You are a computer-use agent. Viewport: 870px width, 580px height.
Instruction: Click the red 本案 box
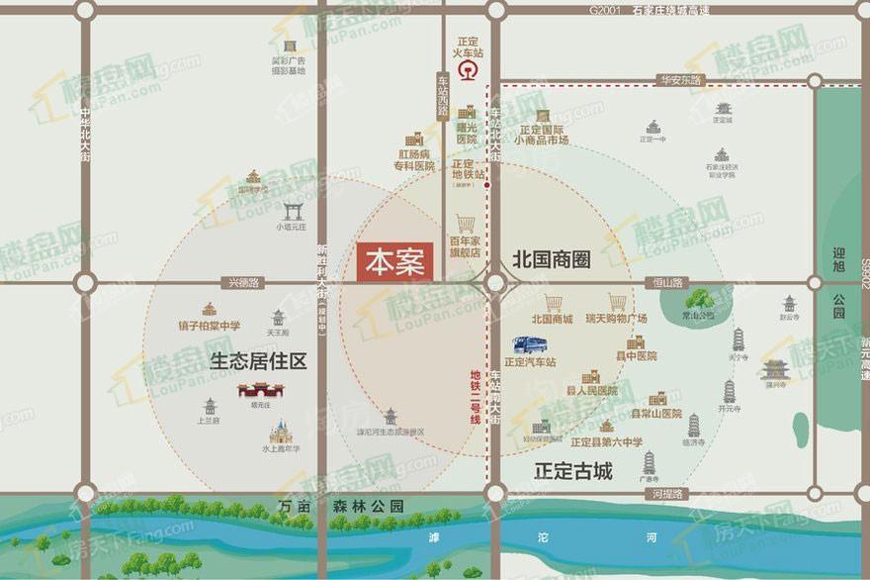click(394, 262)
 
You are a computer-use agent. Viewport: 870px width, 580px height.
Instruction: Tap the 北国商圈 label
click(551, 260)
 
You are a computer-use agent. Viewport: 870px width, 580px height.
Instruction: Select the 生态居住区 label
click(258, 361)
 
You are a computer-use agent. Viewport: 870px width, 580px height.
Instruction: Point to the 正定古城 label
click(572, 470)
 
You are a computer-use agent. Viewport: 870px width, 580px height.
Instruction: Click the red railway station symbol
click(467, 72)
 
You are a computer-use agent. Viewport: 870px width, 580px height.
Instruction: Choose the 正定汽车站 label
click(530, 362)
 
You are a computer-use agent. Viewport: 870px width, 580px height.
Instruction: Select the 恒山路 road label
click(672, 283)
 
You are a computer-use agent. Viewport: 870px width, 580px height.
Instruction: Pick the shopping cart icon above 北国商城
click(553, 303)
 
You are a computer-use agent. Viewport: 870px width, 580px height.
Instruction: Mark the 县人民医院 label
click(591, 391)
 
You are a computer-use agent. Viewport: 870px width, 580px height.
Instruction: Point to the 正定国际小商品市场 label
click(541, 135)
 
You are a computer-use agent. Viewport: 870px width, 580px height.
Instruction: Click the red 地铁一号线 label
click(476, 396)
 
